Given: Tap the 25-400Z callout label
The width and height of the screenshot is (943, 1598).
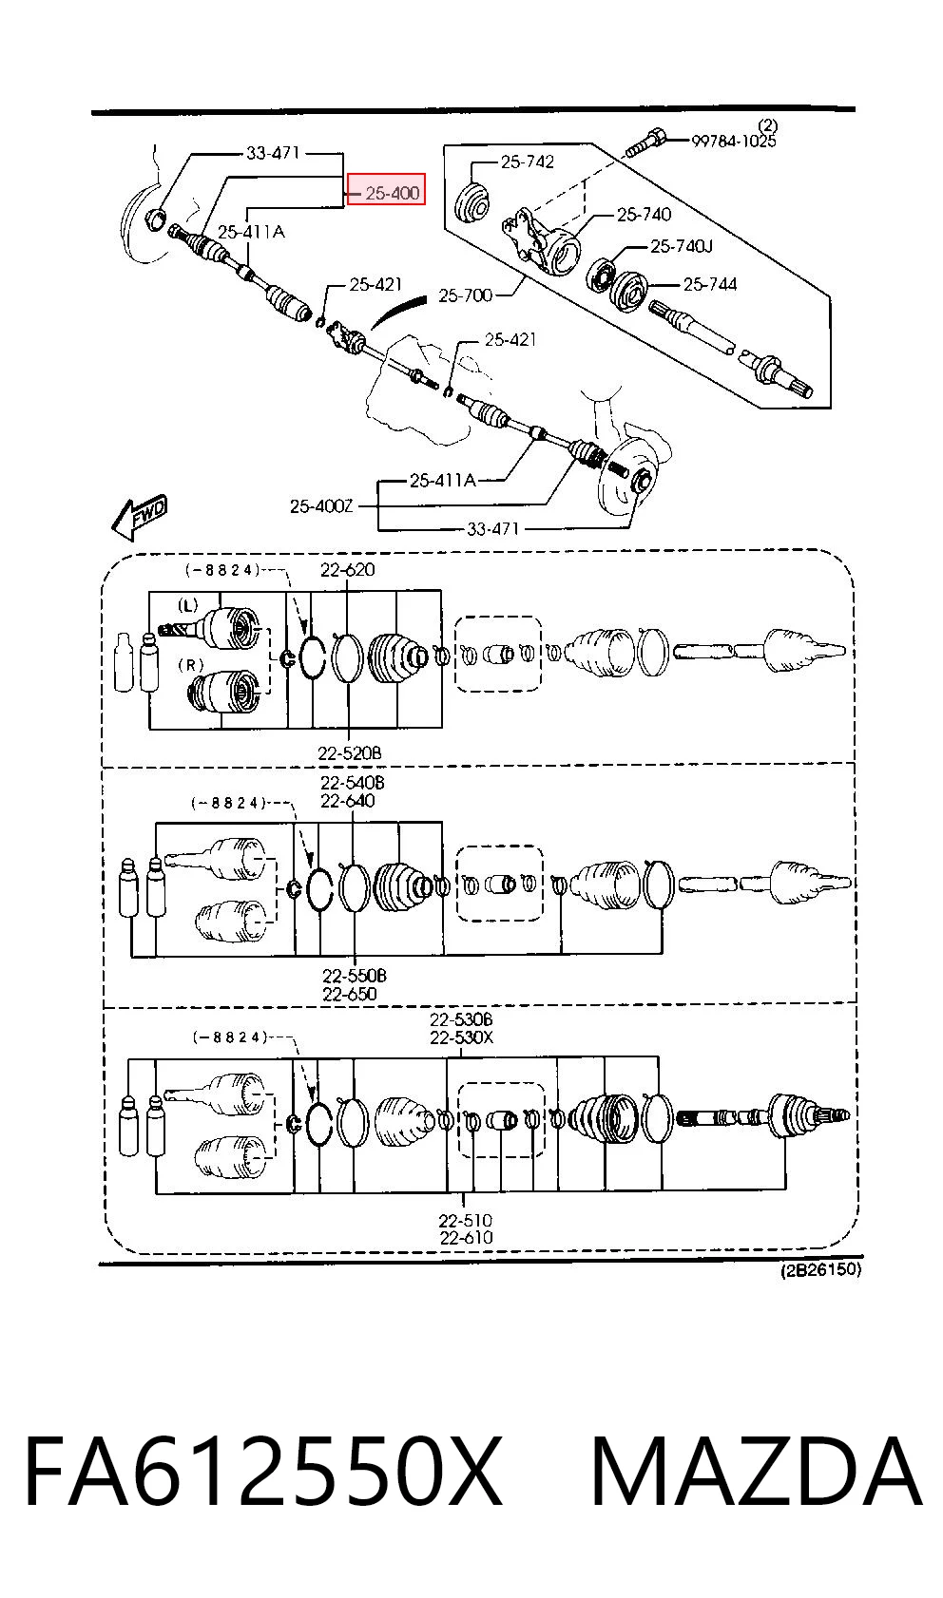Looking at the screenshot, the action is (320, 506).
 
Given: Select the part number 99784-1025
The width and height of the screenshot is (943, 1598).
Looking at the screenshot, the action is (733, 141).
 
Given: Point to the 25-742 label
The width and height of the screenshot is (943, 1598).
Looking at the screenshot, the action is (528, 162).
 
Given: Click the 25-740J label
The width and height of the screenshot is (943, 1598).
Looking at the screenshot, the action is (681, 246).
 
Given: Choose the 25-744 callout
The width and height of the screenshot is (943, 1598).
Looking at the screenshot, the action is (709, 285).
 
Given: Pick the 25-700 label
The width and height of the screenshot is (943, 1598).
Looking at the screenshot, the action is (466, 295).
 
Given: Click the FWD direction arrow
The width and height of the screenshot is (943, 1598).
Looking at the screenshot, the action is (140, 516).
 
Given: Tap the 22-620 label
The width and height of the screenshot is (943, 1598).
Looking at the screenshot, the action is (348, 569).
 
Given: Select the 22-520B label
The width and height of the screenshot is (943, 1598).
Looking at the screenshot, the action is (350, 752).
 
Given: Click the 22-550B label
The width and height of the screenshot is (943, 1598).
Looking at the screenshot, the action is (354, 975).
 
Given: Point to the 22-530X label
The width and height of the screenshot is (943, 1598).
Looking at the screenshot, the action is (461, 1037).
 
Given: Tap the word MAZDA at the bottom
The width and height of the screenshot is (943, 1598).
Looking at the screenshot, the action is (757, 1471).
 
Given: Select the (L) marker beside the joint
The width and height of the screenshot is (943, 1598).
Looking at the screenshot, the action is (187, 606).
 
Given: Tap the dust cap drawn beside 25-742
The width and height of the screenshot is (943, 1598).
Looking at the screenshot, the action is (471, 202).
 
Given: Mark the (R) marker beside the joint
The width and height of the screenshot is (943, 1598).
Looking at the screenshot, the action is (191, 664).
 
